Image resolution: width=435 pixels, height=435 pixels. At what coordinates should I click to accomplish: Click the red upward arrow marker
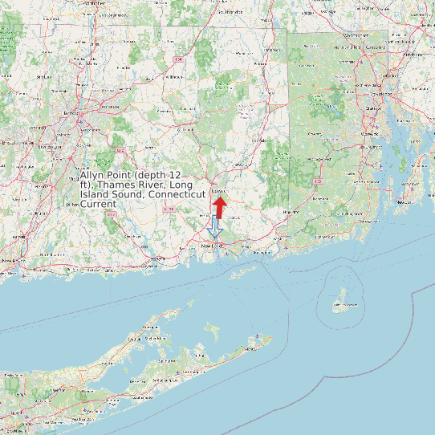click(x=219, y=206)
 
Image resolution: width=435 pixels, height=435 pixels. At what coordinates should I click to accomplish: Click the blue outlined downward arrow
click(x=213, y=229)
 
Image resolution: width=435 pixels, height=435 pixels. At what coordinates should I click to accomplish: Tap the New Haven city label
click(x=10, y=261)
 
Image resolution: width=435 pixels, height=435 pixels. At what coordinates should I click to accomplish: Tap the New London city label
click(x=211, y=244)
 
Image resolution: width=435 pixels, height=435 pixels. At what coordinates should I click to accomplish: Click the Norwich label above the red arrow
click(x=218, y=193)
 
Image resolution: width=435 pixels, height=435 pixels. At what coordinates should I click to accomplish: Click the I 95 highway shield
click(x=319, y=181)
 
